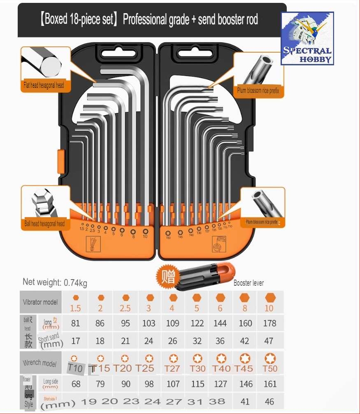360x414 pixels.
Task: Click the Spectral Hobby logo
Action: click(x=307, y=38)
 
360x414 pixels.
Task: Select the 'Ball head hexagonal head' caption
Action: click(x=44, y=224)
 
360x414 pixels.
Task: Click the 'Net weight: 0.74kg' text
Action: click(x=55, y=283)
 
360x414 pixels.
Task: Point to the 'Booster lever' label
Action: click(x=249, y=283)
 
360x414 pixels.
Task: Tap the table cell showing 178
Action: click(x=269, y=323)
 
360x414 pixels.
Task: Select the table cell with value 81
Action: click(x=75, y=323)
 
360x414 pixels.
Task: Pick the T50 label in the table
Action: click(x=270, y=368)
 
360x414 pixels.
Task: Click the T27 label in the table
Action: click(x=172, y=368)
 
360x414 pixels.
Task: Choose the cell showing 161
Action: click(x=270, y=384)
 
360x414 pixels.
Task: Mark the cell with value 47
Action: click(x=269, y=341)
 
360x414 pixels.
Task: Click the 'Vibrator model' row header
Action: click(x=40, y=302)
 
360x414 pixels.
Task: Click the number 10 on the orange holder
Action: click(x=145, y=236)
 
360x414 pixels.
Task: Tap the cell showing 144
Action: click(x=220, y=323)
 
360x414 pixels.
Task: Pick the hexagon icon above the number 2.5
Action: click(x=125, y=298)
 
